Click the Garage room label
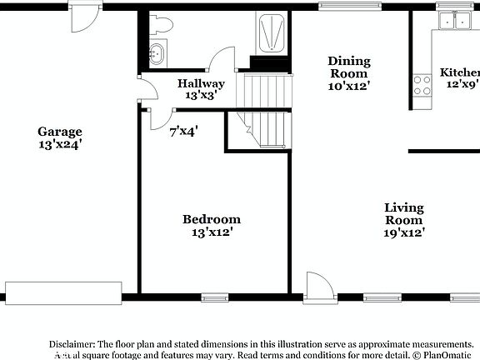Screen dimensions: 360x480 [x=60, y=131]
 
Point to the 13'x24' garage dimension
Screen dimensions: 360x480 [x=60, y=143]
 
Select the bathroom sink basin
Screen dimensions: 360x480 [x=156, y=54]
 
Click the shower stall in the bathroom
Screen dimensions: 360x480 [x=270, y=34]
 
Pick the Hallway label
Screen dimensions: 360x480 [x=201, y=83]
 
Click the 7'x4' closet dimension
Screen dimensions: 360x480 [x=183, y=131]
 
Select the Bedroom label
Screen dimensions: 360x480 [x=212, y=219]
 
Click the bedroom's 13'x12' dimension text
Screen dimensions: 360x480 [x=212, y=232]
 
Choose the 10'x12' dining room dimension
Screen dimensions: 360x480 [x=348, y=85]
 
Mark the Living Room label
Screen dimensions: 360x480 [x=403, y=213]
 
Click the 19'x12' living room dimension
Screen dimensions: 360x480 [x=403, y=232]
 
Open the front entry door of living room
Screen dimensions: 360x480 [x=318, y=287]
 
